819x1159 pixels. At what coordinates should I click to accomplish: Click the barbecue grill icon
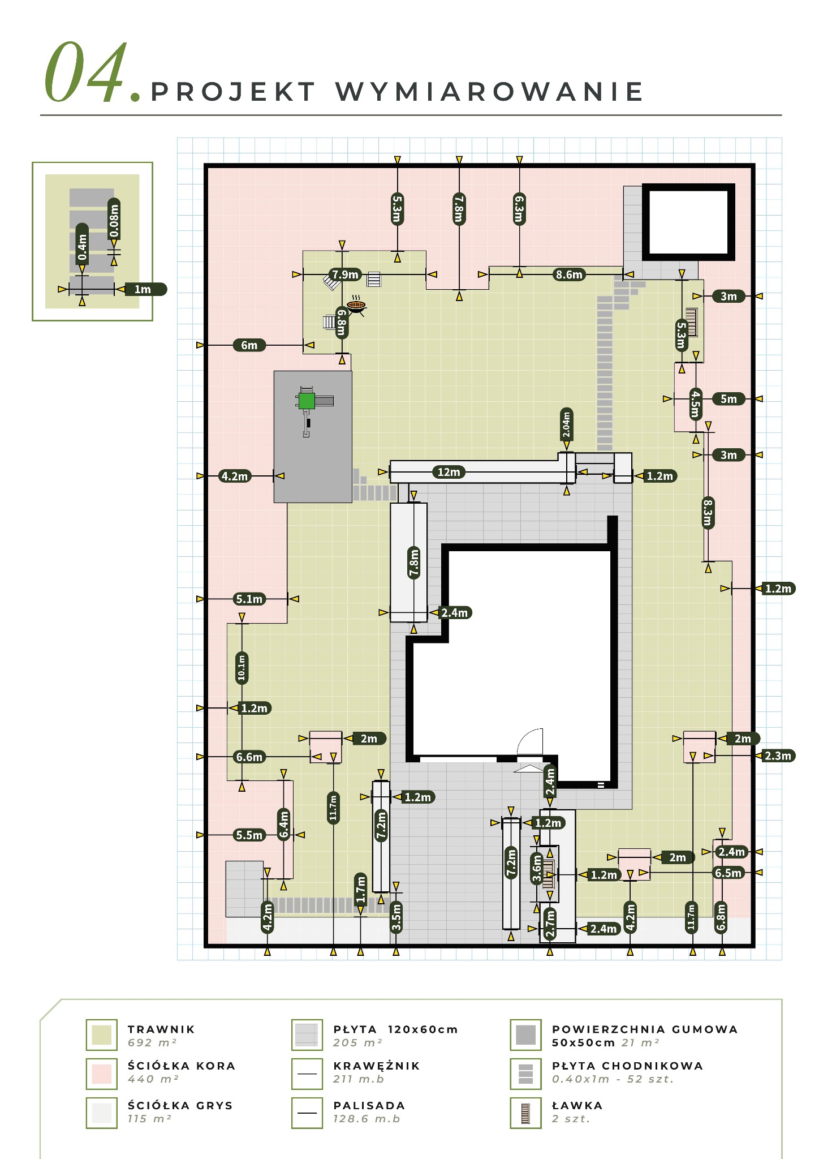[356, 304]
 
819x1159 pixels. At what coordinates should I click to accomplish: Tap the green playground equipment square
[307, 401]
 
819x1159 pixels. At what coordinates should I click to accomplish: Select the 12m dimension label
[449, 472]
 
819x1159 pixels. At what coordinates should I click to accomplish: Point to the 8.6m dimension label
[569, 275]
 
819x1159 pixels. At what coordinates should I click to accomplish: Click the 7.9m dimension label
[346, 274]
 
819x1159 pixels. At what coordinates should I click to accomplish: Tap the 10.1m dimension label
[242, 667]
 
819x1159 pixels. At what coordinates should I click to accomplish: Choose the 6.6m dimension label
[249, 757]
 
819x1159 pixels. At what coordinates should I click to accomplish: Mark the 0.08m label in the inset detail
[114, 220]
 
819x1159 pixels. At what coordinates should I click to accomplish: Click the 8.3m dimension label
[708, 512]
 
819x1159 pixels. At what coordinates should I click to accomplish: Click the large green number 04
[87, 72]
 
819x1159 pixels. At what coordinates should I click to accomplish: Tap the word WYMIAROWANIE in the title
[490, 92]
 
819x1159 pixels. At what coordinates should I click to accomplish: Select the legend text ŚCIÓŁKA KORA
[182, 1066]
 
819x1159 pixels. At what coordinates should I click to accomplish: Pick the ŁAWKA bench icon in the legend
[525, 1113]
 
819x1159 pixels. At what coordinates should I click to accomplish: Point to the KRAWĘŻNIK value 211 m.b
[359, 1079]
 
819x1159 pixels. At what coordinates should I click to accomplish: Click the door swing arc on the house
[531, 740]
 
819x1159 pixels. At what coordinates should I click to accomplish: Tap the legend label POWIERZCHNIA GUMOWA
[645, 1029]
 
